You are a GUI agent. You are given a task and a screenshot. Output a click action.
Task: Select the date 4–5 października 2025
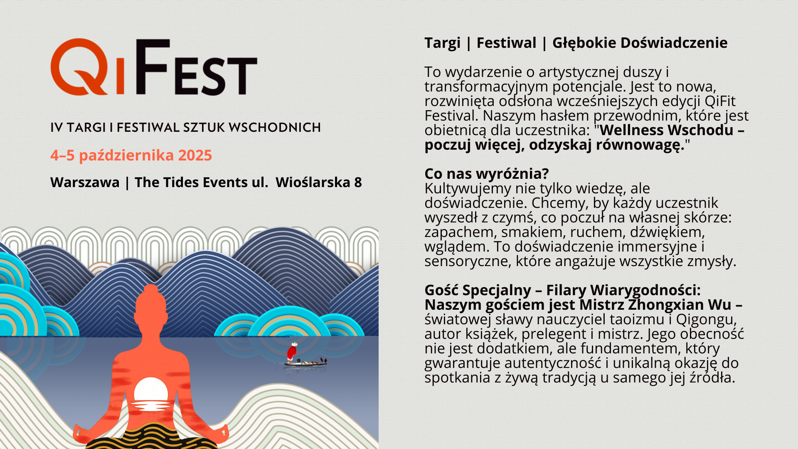[131, 155]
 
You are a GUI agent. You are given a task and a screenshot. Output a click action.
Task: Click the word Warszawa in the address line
[85, 183]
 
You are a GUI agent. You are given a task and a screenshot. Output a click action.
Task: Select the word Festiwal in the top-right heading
[506, 43]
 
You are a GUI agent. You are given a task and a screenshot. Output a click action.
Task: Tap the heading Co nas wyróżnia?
[487, 174]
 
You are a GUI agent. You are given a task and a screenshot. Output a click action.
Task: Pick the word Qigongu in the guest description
[706, 320]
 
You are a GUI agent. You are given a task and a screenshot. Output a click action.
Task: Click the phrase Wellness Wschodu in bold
[667, 130]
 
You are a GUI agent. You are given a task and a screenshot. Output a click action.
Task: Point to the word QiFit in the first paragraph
[720, 101]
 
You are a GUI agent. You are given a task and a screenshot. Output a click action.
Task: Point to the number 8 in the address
[358, 183]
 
